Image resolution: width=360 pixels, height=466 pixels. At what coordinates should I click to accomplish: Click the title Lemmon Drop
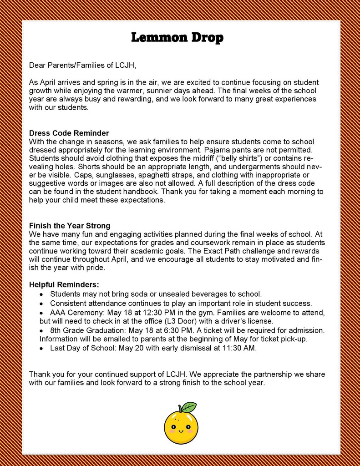tap(177, 37)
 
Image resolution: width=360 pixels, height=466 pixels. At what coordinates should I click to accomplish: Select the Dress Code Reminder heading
tap(69, 133)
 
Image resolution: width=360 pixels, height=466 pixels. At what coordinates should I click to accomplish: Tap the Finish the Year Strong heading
tap(70, 226)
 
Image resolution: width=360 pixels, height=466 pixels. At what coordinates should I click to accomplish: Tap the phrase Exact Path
tap(222, 251)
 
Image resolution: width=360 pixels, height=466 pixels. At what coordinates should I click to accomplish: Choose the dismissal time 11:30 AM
tap(238, 348)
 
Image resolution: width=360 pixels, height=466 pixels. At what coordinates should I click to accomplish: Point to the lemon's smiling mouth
tap(181, 431)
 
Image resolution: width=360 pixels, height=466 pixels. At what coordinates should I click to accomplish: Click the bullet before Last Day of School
tap(41, 349)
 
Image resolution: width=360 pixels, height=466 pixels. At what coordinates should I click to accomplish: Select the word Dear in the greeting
tap(37, 65)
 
